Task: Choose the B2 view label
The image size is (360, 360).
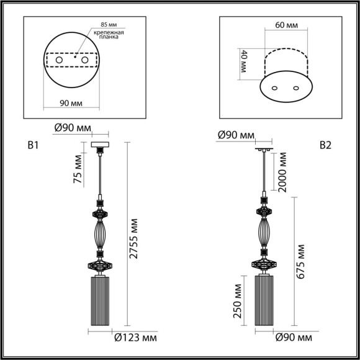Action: coord(326,146)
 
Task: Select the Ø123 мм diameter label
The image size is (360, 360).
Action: coord(136,338)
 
